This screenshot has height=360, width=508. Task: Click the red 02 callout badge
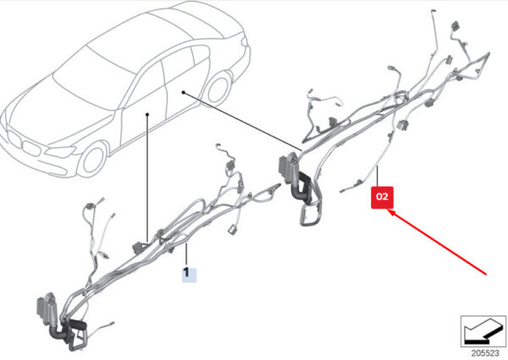coord(383,197)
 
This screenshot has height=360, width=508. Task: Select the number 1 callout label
coord(189,274)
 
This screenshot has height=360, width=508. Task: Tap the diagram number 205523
coord(485,353)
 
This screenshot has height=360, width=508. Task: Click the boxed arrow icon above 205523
coord(483,331)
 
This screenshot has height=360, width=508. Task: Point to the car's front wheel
coord(93,159)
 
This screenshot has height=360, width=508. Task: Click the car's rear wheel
coord(219,88)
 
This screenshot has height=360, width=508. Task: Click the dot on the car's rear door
coord(183,92)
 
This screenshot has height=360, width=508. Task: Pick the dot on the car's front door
coord(147,114)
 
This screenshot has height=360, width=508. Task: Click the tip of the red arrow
coord(388,210)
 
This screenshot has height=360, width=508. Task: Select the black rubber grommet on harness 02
coord(303,188)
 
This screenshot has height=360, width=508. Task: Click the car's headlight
coord(61,152)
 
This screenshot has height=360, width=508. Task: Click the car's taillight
coord(246,42)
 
